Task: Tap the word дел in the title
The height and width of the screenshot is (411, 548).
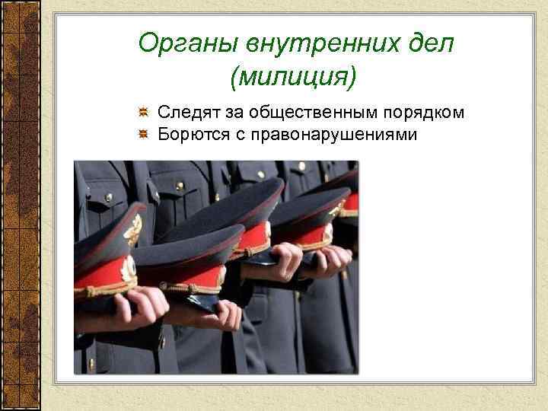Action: pos(430,43)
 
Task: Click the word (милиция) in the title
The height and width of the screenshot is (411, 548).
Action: pos(292,77)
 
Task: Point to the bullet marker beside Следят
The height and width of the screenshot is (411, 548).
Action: pos(142,113)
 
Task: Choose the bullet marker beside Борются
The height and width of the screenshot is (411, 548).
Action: pos(142,135)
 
